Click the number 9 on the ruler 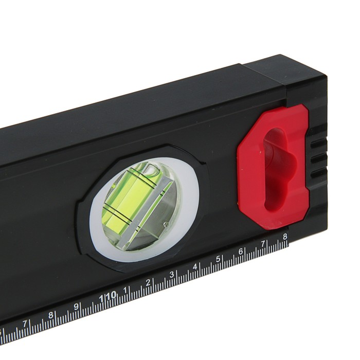click(x=77, y=307)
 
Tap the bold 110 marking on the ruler click(x=107, y=297)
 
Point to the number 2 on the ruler click(x=148, y=282)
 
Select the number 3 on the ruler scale click(x=171, y=275)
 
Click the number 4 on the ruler click(x=195, y=267)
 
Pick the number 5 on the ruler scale click(x=218, y=259)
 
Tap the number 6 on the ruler click(x=240, y=251)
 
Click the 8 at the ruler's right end click(x=285, y=237)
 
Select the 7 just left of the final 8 click(x=263, y=244)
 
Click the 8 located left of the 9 click(x=51, y=315)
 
